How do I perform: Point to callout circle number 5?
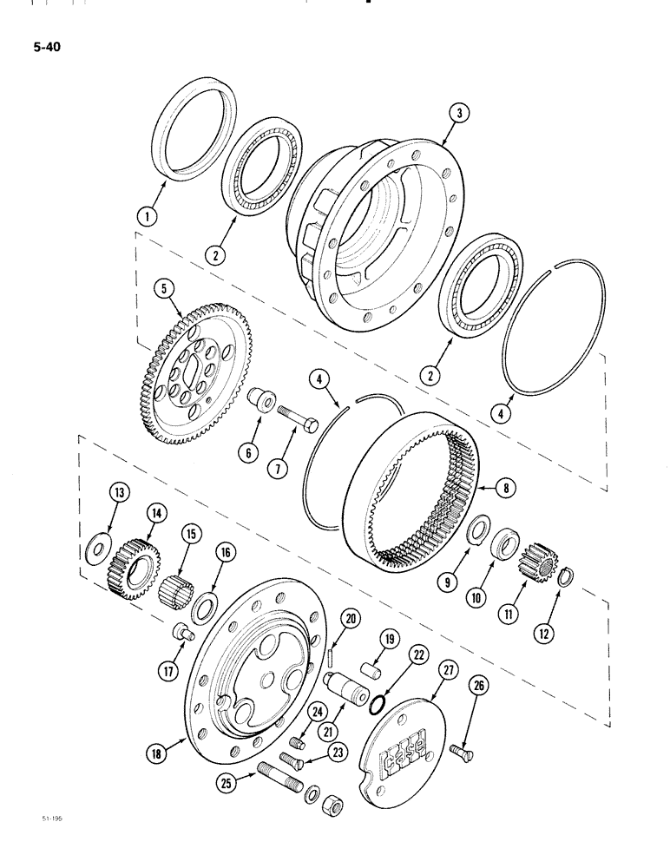click(161, 285)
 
